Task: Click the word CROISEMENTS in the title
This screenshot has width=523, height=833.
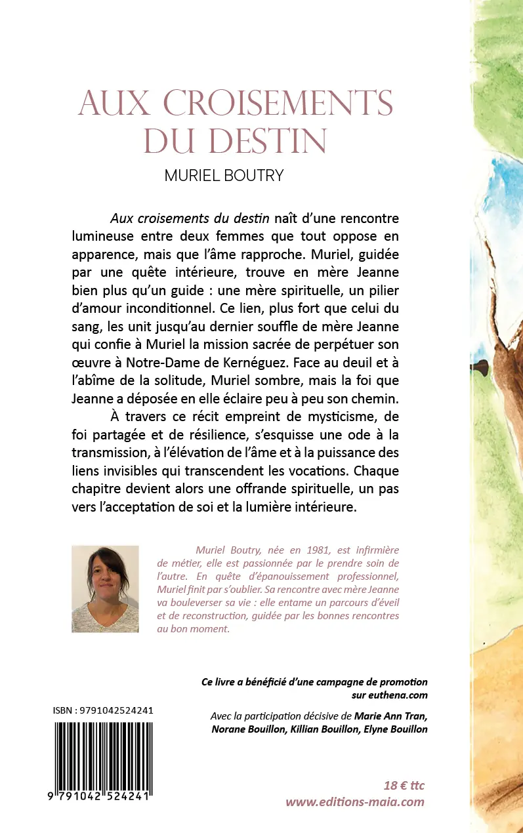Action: point(278,103)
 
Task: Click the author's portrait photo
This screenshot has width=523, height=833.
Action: point(105,588)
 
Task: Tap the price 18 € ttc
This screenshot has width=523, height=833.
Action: point(404,785)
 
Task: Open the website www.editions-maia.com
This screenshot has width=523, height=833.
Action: point(355,802)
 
